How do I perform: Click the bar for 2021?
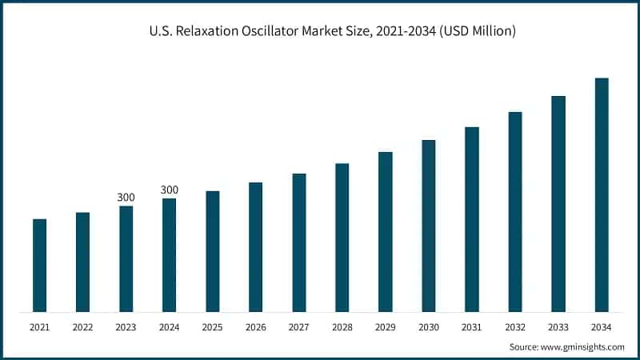[39, 265]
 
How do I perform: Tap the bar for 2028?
[342, 238]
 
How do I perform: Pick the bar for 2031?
[472, 219]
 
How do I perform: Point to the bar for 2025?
[212, 251]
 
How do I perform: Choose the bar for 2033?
[558, 204]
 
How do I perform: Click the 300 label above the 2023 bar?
[126, 197]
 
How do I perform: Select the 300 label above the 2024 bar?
[170, 190]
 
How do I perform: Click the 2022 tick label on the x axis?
[82, 327]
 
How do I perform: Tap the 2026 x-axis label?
[255, 327]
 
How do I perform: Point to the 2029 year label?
[385, 327]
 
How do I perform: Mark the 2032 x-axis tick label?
[515, 327]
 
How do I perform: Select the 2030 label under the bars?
[429, 327]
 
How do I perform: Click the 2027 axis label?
[298, 327]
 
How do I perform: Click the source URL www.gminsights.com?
[582, 346]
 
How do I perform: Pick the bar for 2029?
[385, 232]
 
